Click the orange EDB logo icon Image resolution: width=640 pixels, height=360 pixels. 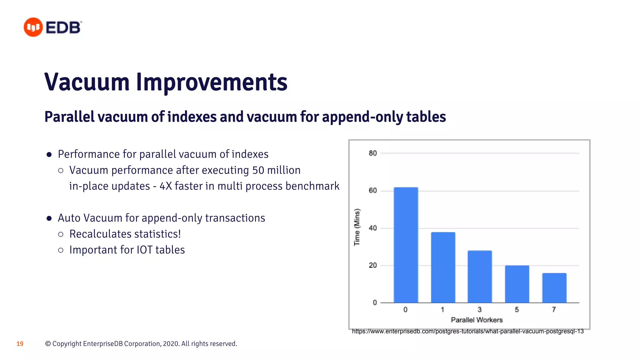pyautogui.click(x=33, y=27)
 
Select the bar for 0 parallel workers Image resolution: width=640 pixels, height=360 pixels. pyautogui.click(x=406, y=245)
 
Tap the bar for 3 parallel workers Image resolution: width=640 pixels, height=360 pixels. pyautogui.click(x=480, y=277)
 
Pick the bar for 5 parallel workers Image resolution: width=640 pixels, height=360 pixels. pyautogui.click(x=517, y=284)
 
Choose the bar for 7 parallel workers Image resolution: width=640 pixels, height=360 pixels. pyautogui.click(x=554, y=288)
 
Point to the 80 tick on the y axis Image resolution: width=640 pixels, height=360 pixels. pyautogui.click(x=373, y=153)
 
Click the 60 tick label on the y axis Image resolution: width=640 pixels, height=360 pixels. pyautogui.click(x=373, y=191)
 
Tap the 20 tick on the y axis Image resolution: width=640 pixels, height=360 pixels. pyautogui.click(x=373, y=265)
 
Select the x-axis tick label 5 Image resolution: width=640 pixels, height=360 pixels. pyautogui.click(x=517, y=310)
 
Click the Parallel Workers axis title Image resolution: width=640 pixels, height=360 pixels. pyautogui.click(x=477, y=320)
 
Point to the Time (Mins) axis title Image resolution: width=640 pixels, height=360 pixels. pyautogui.click(x=357, y=227)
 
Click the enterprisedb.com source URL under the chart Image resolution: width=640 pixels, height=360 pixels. pyautogui.click(x=467, y=331)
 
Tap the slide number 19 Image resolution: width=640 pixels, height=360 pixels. pyautogui.click(x=20, y=344)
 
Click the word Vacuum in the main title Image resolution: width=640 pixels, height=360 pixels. pyautogui.click(x=87, y=82)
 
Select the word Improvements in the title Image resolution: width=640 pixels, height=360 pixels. pyautogui.click(x=212, y=82)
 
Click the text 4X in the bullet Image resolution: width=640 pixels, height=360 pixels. pyautogui.click(x=166, y=186)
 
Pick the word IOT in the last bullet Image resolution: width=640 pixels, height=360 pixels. pyautogui.click(x=145, y=250)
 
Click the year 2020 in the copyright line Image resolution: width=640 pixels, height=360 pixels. pyautogui.click(x=171, y=344)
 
